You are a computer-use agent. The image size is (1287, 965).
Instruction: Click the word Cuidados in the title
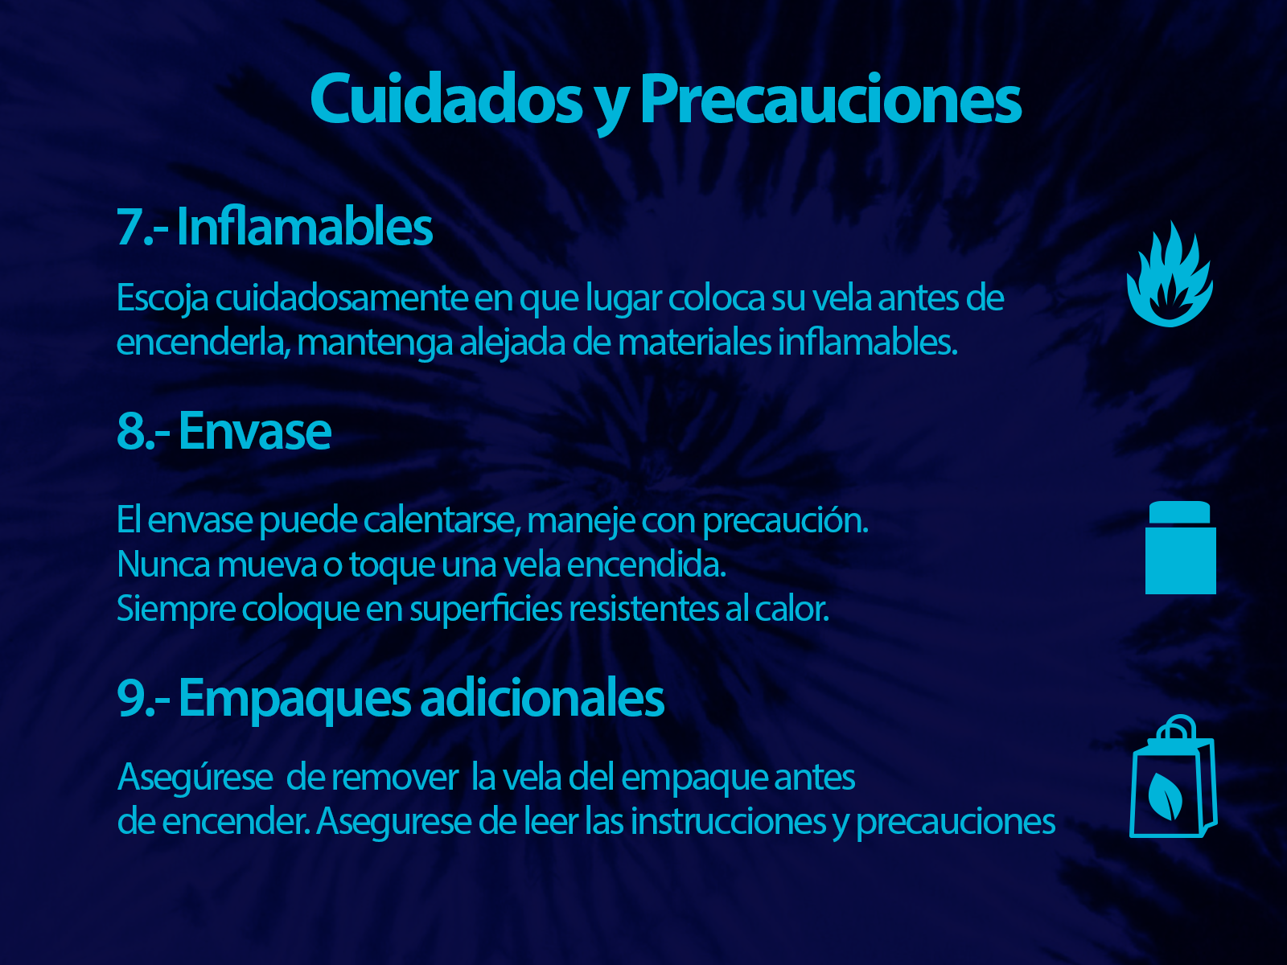pyautogui.click(x=446, y=98)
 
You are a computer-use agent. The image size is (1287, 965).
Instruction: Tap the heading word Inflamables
pyautogui.click(x=304, y=227)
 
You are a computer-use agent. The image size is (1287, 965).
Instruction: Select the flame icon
pyautogui.click(x=1170, y=273)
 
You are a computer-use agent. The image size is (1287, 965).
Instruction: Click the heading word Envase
pyautogui.click(x=255, y=431)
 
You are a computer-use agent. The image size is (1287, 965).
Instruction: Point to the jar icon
pyautogui.click(x=1180, y=548)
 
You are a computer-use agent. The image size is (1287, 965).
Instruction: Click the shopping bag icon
pyautogui.click(x=1174, y=776)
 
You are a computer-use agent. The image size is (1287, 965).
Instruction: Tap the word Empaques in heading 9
pyautogui.click(x=294, y=698)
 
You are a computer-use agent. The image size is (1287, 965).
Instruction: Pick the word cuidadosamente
pyautogui.click(x=341, y=298)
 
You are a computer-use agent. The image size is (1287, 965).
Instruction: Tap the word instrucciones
pyautogui.click(x=728, y=821)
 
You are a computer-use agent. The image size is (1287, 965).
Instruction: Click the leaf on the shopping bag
pyautogui.click(x=1165, y=796)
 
